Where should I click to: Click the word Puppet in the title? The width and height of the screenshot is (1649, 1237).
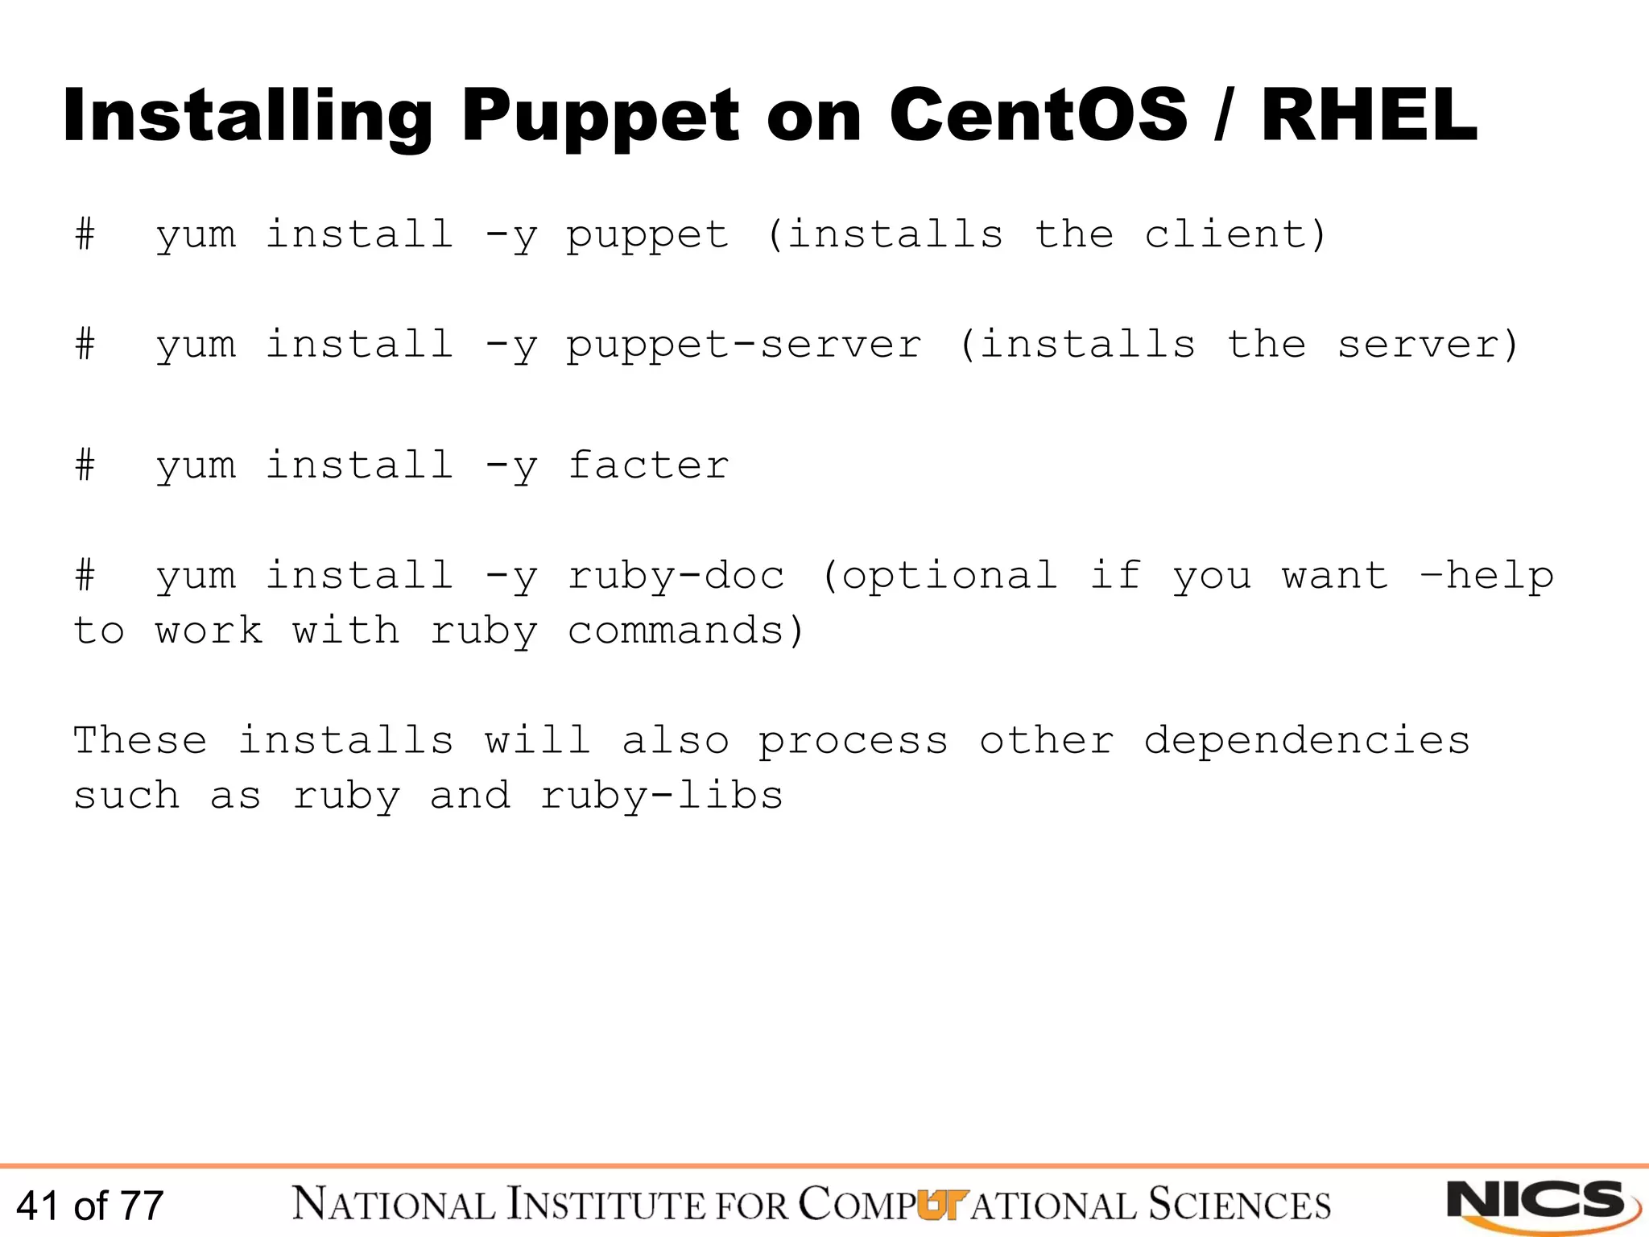point(600,117)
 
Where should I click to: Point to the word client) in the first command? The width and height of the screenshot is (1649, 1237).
point(1235,234)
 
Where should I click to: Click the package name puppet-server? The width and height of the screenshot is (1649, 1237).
point(744,345)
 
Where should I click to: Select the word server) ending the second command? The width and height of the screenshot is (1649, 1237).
point(1428,345)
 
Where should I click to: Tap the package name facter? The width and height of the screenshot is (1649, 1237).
point(648,465)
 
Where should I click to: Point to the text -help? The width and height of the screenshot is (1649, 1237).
point(1486,576)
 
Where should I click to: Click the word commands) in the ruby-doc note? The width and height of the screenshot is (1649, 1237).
point(685,631)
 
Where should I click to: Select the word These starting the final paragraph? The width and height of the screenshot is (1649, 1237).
point(140,740)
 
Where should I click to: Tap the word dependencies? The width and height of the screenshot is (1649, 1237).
point(1307,740)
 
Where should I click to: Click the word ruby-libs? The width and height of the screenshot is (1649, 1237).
point(661,796)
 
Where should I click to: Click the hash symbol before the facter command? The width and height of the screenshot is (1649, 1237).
point(85,465)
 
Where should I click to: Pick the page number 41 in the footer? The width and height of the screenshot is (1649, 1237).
point(37,1206)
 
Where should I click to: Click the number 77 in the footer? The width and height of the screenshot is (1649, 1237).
point(142,1206)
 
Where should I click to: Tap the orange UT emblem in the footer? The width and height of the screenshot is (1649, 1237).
point(940,1204)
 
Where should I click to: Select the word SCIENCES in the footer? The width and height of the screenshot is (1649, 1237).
point(1239,1205)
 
